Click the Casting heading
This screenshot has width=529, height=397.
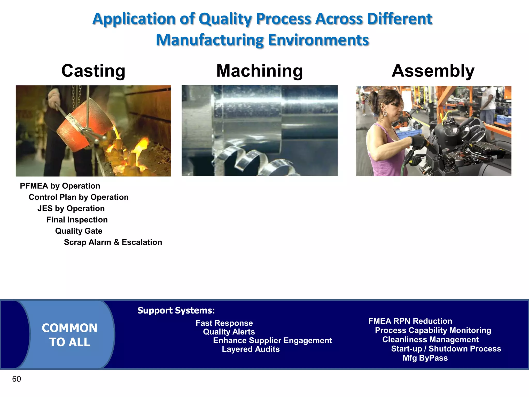[93, 71]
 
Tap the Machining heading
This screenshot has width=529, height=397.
[259, 71]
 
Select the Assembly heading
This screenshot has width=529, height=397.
[433, 71]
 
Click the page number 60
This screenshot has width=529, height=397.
[17, 379]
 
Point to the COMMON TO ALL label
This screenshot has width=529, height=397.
[69, 335]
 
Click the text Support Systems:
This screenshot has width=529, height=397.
[176, 310]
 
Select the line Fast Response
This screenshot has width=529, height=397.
[224, 323]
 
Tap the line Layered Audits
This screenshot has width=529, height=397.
[251, 349]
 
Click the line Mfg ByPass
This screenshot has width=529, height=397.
[425, 358]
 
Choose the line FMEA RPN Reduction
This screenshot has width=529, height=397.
[410, 321]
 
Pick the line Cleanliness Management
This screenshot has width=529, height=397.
[430, 340]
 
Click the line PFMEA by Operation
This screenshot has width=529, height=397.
[60, 186]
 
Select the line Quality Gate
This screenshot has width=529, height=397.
[79, 231]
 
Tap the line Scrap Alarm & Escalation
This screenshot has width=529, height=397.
[113, 242]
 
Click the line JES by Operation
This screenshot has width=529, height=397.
[71, 208]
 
